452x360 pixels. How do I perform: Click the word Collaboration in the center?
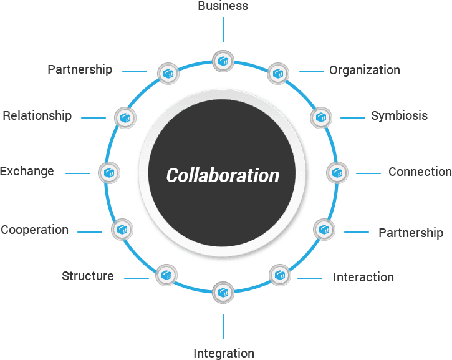pyautogui.click(x=223, y=175)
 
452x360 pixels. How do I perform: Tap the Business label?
pyautogui.click(x=223, y=6)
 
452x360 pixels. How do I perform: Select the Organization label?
pyautogui.click(x=365, y=71)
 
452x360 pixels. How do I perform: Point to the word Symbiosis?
pyautogui.click(x=399, y=116)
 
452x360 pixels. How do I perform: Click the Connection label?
pyautogui.click(x=420, y=172)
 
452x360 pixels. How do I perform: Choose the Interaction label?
pyautogui.click(x=363, y=277)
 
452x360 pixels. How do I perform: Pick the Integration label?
pyautogui.click(x=224, y=354)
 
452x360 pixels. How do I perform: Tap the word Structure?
pyautogui.click(x=88, y=276)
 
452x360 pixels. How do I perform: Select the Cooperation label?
pyautogui.click(x=34, y=230)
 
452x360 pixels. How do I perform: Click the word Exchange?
pyautogui.click(x=27, y=172)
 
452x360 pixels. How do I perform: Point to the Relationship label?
pyautogui.click(x=37, y=116)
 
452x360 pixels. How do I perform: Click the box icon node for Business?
pyautogui.click(x=223, y=61)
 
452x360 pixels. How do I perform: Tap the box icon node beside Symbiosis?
pyautogui.click(x=321, y=118)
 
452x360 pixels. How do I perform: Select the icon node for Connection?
pyautogui.click(x=337, y=173)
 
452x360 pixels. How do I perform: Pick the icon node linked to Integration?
pyautogui.click(x=223, y=293)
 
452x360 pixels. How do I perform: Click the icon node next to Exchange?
pyautogui.click(x=108, y=173)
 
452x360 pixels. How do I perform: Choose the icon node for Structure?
pyautogui.click(x=166, y=275)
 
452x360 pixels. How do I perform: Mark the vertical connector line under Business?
pyautogui.click(x=223, y=30)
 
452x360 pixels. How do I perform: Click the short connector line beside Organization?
pyautogui.click(x=312, y=71)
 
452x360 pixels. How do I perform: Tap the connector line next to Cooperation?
pyautogui.click(x=90, y=232)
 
